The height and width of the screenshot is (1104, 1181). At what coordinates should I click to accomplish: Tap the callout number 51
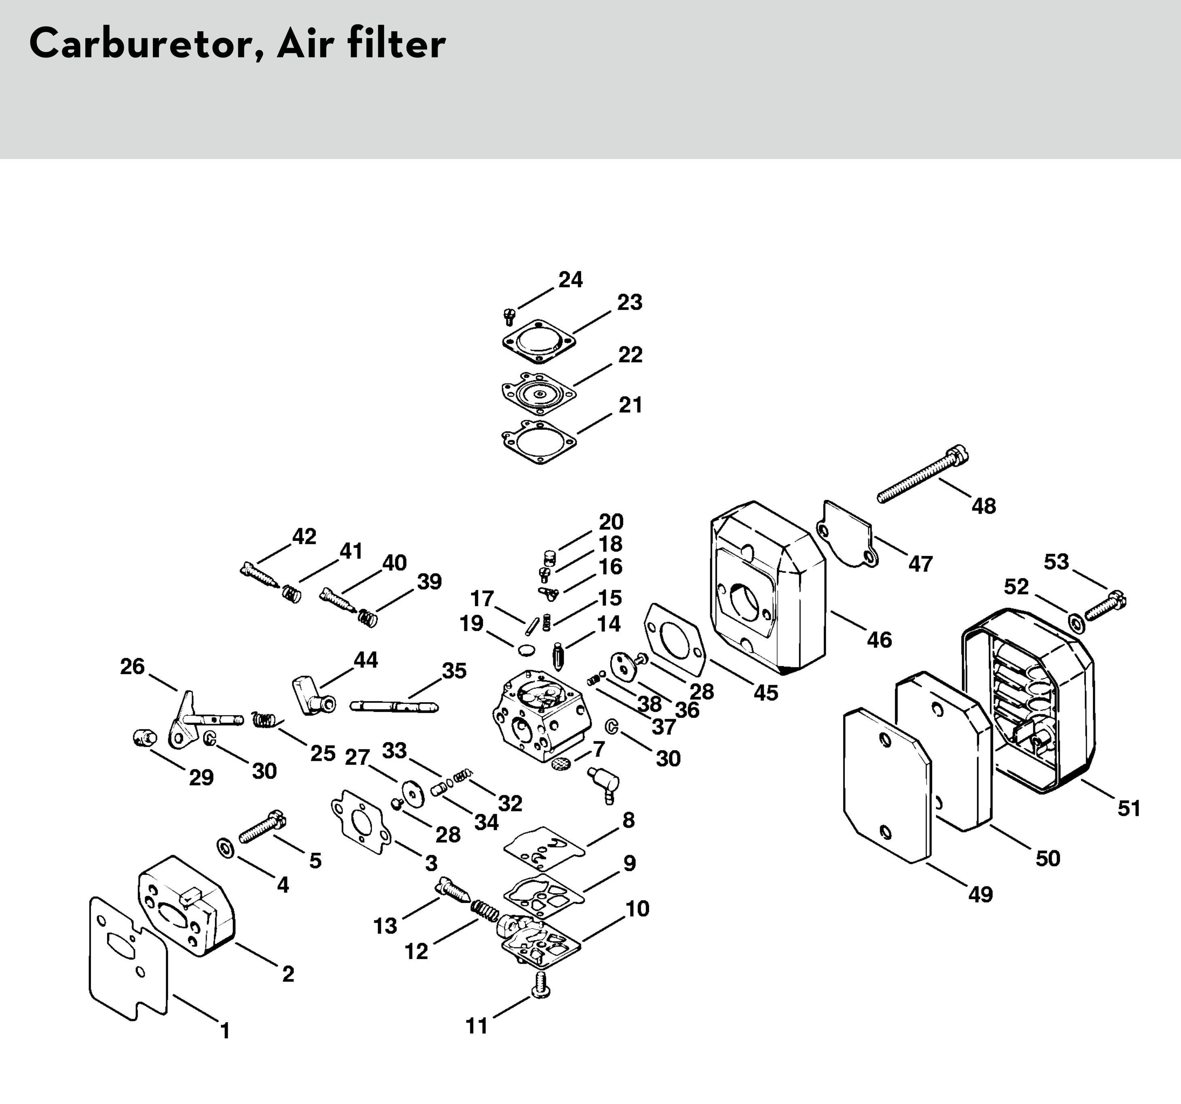1129,809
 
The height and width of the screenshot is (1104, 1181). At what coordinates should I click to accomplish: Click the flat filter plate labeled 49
887,785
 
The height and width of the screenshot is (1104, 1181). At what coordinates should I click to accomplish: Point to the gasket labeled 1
128,958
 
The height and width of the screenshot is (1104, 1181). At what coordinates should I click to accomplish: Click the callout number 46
879,640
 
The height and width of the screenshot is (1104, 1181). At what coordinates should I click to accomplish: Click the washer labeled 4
226,848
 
